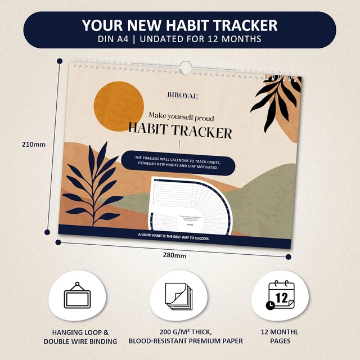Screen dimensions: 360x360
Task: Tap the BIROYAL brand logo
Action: tap(182, 96)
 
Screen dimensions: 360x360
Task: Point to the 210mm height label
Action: tap(32, 144)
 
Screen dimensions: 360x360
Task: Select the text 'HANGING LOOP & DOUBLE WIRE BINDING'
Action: tap(80, 336)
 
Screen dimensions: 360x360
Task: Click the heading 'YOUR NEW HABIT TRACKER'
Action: tap(179, 25)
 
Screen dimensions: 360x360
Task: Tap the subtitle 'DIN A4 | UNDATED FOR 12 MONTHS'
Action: tap(179, 39)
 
